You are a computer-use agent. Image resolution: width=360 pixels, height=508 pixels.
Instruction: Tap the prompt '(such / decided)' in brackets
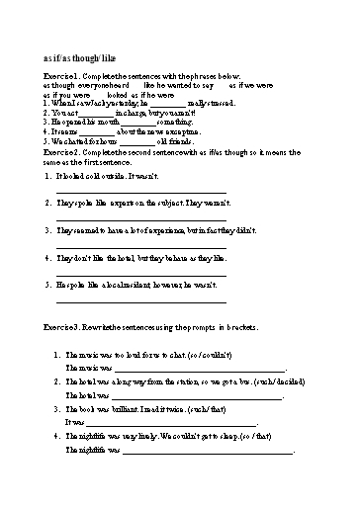tap(258, 380)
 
